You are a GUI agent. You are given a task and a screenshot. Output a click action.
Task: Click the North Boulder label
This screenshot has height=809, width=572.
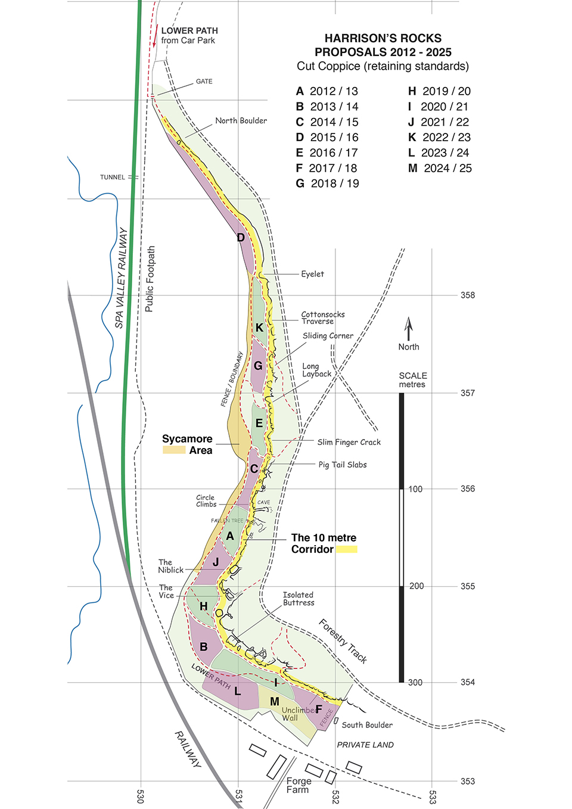(x=241, y=121)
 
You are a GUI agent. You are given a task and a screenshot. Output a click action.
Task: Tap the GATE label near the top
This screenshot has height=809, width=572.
(x=204, y=82)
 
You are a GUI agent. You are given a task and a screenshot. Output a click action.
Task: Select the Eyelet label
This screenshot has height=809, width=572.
(x=312, y=274)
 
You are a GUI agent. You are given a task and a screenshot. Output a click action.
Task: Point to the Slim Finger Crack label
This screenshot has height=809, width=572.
(x=349, y=442)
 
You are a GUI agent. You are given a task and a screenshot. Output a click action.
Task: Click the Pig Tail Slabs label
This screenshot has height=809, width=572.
(x=342, y=465)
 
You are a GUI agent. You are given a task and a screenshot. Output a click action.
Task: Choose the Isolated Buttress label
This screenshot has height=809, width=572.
(x=299, y=599)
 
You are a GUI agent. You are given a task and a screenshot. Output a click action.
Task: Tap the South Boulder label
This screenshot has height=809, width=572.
(x=367, y=725)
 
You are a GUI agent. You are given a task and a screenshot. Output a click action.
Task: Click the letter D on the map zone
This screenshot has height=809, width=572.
(x=241, y=238)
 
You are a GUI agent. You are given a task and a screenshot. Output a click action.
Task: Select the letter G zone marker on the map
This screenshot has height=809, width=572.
(x=258, y=366)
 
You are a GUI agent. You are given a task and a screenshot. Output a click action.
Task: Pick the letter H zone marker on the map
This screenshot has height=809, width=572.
(x=204, y=606)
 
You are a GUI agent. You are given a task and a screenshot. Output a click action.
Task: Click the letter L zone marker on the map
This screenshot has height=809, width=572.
(x=238, y=691)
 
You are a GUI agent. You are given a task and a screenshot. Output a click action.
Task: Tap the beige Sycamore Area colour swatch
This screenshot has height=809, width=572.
(x=174, y=450)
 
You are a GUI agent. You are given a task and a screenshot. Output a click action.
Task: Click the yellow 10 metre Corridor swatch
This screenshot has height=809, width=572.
(x=346, y=549)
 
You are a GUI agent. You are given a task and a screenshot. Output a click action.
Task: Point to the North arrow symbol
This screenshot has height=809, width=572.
(x=409, y=329)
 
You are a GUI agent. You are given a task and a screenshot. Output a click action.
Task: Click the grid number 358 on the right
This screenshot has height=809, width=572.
(x=468, y=295)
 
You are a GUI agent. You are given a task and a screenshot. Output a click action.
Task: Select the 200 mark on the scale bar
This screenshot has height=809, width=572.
(x=416, y=586)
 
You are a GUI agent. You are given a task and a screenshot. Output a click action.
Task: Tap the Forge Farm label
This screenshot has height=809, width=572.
(x=299, y=785)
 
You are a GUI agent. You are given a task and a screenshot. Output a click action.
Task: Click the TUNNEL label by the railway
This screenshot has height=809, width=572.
(x=112, y=178)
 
